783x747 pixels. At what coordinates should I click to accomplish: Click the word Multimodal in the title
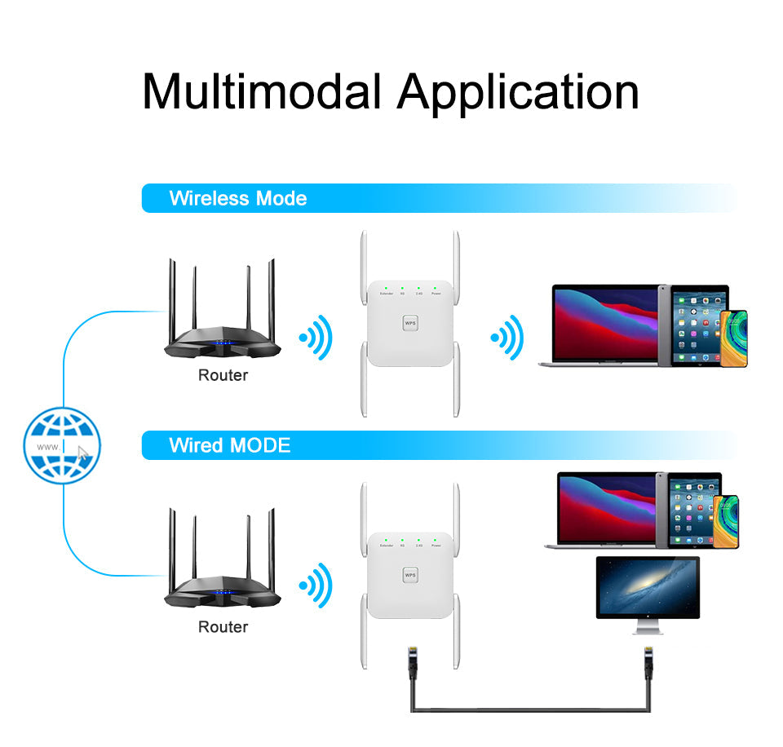[261, 91]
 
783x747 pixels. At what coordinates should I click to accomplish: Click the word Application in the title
[518, 91]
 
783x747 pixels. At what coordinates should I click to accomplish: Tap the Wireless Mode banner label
[237, 198]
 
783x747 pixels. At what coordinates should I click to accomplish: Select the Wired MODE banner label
[229, 445]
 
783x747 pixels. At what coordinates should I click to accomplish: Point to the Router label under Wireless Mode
[223, 375]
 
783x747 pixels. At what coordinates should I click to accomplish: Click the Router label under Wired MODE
[223, 626]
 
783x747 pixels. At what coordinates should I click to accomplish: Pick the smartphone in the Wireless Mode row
[734, 338]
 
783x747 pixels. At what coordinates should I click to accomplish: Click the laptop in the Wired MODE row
[607, 510]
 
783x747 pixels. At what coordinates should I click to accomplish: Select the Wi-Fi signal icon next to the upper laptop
[507, 336]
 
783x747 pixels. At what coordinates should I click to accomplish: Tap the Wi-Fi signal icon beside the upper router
[316, 336]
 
